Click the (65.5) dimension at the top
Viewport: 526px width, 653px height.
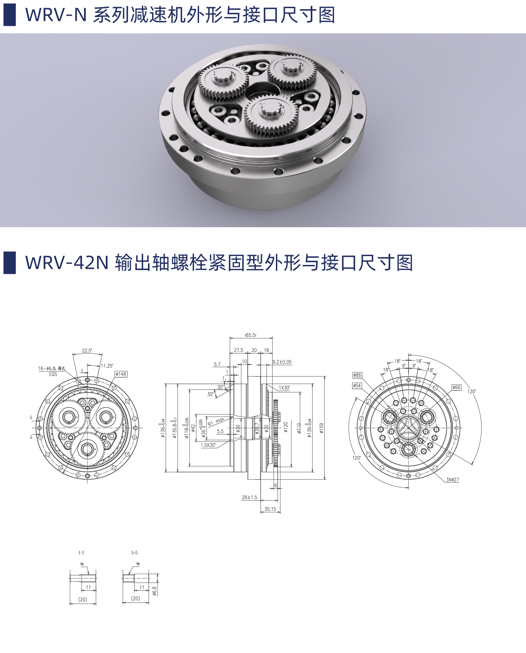point(250,335)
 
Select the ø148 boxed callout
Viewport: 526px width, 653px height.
point(121,374)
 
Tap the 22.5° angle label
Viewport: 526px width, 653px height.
point(87,351)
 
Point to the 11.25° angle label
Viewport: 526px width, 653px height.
point(107,366)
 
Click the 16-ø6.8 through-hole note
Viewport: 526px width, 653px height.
point(51,369)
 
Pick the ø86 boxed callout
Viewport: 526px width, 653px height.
point(357,375)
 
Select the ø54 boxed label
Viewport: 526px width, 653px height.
point(357,386)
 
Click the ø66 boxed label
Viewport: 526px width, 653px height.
point(456,387)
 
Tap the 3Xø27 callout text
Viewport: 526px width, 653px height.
point(453,480)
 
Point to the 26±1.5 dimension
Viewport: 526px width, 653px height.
point(249,497)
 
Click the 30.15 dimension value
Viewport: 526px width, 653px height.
point(270,509)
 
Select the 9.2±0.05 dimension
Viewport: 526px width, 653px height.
point(282,362)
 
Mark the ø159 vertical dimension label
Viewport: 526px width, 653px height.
point(322,428)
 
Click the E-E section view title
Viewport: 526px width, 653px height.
point(82,553)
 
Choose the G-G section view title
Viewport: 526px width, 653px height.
point(135,553)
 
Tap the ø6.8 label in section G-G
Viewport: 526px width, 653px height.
point(154,591)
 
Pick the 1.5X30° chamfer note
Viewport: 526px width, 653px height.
point(208,445)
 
